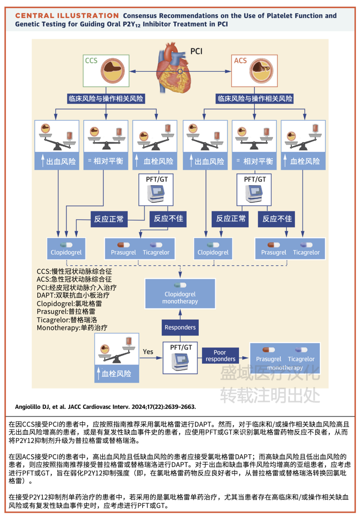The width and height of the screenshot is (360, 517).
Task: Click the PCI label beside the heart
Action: (x=196, y=51)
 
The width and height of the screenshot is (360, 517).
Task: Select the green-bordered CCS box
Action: (x=106, y=71)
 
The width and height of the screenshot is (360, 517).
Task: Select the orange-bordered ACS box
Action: (x=254, y=71)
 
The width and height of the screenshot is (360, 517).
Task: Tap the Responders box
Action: (x=180, y=327)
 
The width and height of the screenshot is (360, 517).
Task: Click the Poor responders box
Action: (x=220, y=356)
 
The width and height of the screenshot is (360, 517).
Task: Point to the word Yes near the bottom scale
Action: (x=148, y=352)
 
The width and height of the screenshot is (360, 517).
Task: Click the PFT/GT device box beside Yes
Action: (x=180, y=358)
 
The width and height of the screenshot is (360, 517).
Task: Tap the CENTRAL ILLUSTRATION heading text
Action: (x=67, y=16)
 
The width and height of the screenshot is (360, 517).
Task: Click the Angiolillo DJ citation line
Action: (x=105, y=407)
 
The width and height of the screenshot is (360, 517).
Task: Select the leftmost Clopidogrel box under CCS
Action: (x=66, y=249)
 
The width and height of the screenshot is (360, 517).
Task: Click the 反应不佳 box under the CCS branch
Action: (x=168, y=219)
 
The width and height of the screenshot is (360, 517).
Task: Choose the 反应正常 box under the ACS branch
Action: (x=231, y=219)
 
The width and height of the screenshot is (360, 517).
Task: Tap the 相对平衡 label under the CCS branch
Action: (x=106, y=161)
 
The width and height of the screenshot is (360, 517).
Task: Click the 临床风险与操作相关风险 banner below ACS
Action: (x=255, y=99)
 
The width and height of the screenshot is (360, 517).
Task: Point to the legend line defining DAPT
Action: (x=73, y=295)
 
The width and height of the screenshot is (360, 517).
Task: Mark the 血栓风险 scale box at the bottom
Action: (x=116, y=358)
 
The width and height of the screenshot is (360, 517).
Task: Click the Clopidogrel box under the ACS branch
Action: (x=213, y=249)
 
